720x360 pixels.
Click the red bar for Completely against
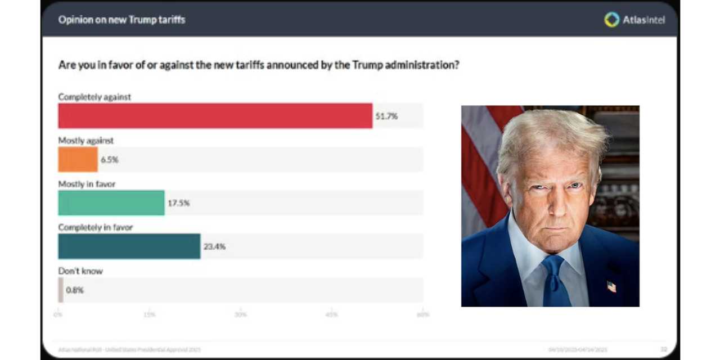point(215,116)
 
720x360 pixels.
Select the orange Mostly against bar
point(78,160)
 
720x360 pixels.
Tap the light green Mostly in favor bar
point(111,203)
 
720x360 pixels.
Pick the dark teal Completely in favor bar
point(129,246)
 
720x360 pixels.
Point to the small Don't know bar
point(61,290)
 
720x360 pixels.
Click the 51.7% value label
point(386,116)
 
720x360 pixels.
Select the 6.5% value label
point(109,160)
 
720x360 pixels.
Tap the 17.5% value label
point(178,203)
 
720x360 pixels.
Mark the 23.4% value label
point(214,246)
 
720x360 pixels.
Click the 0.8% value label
point(75,290)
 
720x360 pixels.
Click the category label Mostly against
point(86,141)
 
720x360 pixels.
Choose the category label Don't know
point(80,271)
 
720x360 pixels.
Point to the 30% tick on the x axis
point(240,314)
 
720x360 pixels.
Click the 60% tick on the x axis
point(422,314)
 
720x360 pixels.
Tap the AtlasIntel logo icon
point(611,20)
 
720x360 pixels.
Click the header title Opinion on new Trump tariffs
point(121,20)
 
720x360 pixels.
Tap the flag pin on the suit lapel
point(611,287)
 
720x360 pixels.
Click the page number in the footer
point(664,350)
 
